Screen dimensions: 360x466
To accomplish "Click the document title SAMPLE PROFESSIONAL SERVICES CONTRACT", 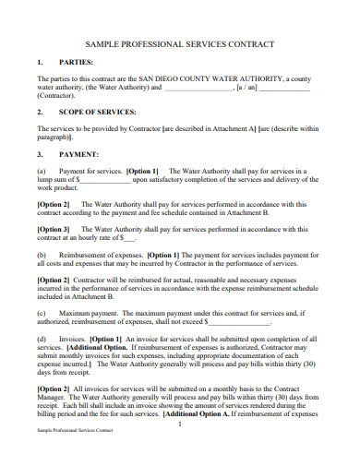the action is coord(179,43).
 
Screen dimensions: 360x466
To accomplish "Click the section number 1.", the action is coord(40,63).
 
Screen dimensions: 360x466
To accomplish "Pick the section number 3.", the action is coord(40,154).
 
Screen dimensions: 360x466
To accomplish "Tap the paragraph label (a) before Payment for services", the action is coord(42,171).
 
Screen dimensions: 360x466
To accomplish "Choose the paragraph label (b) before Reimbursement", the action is coord(42,254).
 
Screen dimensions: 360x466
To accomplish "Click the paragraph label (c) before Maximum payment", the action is coord(42,314).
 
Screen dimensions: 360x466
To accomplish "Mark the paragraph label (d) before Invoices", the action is coord(42,340).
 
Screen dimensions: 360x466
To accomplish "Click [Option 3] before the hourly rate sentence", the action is coord(53,228).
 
